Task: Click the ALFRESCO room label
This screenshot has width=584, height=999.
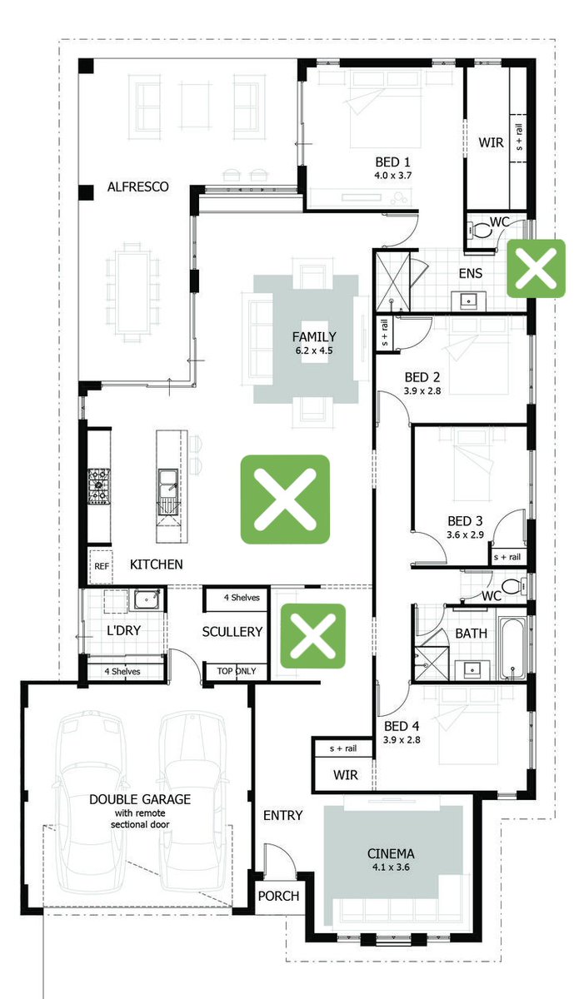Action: tap(137, 186)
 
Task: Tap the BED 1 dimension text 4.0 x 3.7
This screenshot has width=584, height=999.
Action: tap(392, 176)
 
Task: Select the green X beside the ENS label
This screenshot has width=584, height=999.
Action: tap(536, 268)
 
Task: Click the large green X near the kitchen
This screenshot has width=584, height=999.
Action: tap(285, 499)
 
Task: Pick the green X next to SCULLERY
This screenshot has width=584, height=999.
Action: tap(313, 636)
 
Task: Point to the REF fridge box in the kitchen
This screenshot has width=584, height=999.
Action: tap(101, 566)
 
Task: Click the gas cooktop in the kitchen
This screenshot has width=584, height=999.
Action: tap(98, 486)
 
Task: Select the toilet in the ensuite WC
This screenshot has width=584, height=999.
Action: tap(479, 230)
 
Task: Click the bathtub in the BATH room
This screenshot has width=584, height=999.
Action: tap(512, 649)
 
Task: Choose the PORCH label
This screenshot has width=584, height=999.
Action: tap(278, 896)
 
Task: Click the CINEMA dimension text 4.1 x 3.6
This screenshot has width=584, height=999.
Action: tap(391, 867)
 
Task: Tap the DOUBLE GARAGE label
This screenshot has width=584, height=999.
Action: tap(140, 799)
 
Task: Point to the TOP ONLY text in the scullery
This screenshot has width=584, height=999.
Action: tap(237, 671)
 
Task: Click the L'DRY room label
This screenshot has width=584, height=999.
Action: tap(123, 631)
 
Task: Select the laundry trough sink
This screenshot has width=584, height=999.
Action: tap(147, 600)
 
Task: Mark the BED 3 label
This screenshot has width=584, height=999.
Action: tap(465, 521)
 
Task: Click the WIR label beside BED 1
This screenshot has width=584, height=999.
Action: tap(491, 142)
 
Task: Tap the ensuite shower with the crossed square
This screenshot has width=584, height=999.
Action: tap(392, 282)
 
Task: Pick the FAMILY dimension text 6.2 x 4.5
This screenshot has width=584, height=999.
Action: tap(314, 350)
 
